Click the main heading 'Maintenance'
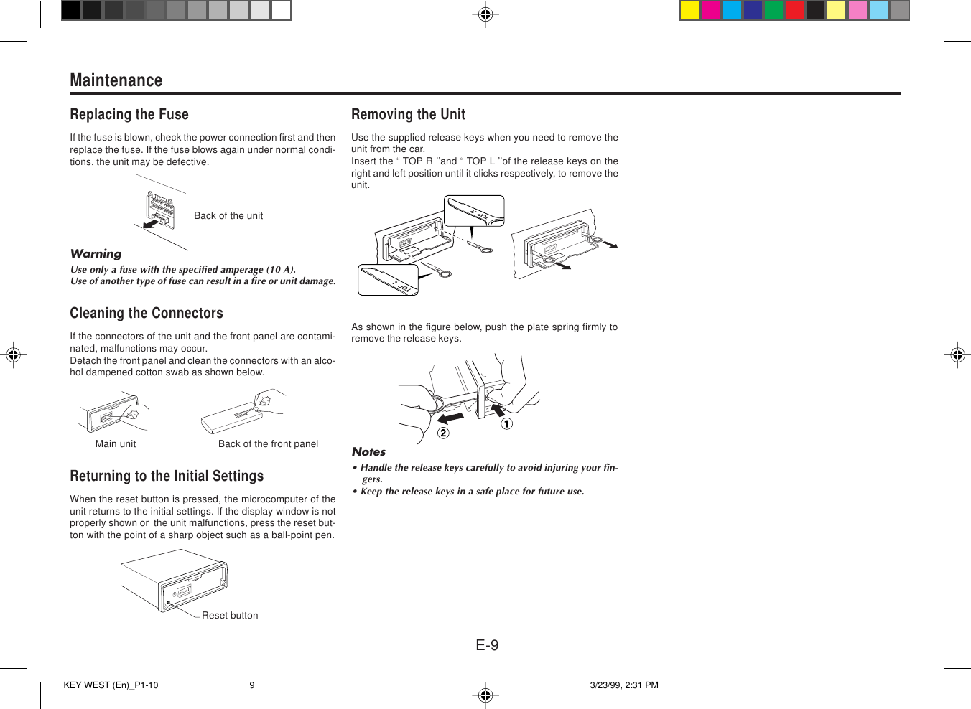pyautogui.click(x=116, y=80)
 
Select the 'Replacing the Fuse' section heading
pyautogui.click(x=129, y=115)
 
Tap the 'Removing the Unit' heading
pyautogui.click(x=408, y=115)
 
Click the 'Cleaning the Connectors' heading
pyautogui.click(x=147, y=314)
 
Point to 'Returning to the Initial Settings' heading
pyautogui.click(x=167, y=476)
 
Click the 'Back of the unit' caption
pyautogui.click(x=228, y=216)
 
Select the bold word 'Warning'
pyautogui.click(x=96, y=254)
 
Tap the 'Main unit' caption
pyautogui.click(x=116, y=444)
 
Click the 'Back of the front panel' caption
pyautogui.click(x=268, y=444)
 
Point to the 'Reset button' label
pyautogui.click(x=230, y=616)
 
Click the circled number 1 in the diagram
pyautogui.click(x=507, y=424)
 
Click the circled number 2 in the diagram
pyautogui.click(x=443, y=433)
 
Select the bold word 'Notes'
pyautogui.click(x=368, y=452)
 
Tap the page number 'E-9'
pyautogui.click(x=487, y=645)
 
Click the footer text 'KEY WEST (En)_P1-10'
pyautogui.click(x=111, y=685)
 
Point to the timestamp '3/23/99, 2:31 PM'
pyautogui.click(x=624, y=685)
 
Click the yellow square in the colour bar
pyautogui.click(x=689, y=11)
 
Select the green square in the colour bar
pyautogui.click(x=773, y=11)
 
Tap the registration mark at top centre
pyautogui.click(x=485, y=14)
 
